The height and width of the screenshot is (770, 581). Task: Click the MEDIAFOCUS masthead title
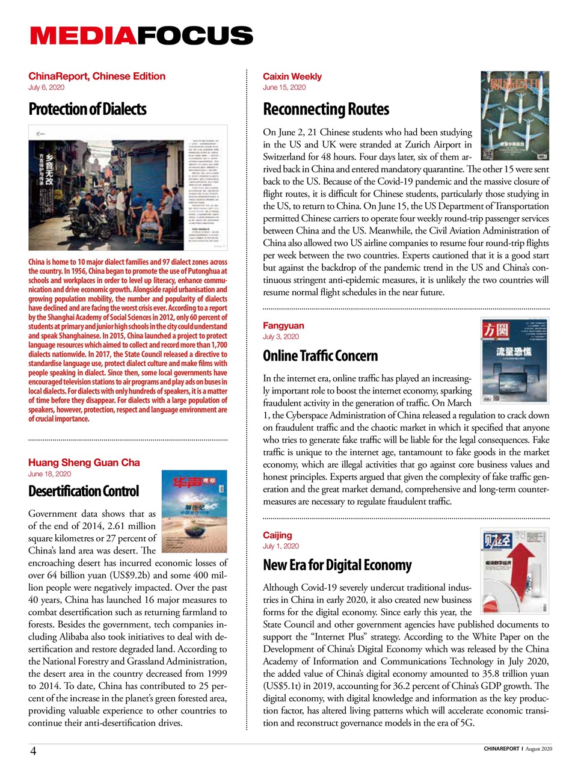pos(141,35)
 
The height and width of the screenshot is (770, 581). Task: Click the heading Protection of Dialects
pos(87,109)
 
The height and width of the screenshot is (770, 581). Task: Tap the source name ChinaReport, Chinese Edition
pos(96,76)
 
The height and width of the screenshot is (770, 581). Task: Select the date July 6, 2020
pos(46,88)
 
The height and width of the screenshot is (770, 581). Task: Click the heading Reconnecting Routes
pos(325,109)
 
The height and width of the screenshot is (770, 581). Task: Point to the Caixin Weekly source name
pos(292,76)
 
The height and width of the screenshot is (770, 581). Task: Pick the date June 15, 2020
pos(284,88)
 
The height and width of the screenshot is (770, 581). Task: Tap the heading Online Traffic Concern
pos(320,356)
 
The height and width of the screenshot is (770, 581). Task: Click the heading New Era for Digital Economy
pos(337,565)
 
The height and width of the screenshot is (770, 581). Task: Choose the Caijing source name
pos(277,535)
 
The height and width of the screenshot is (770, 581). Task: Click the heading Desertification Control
pos(83,491)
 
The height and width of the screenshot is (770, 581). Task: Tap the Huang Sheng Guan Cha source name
pos(84,463)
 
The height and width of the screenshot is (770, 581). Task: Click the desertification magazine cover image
pos(194,511)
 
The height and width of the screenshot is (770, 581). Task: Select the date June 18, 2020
pos(49,474)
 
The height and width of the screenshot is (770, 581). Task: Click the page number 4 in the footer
pos(34,751)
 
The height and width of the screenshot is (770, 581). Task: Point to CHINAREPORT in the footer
pos(501,749)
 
